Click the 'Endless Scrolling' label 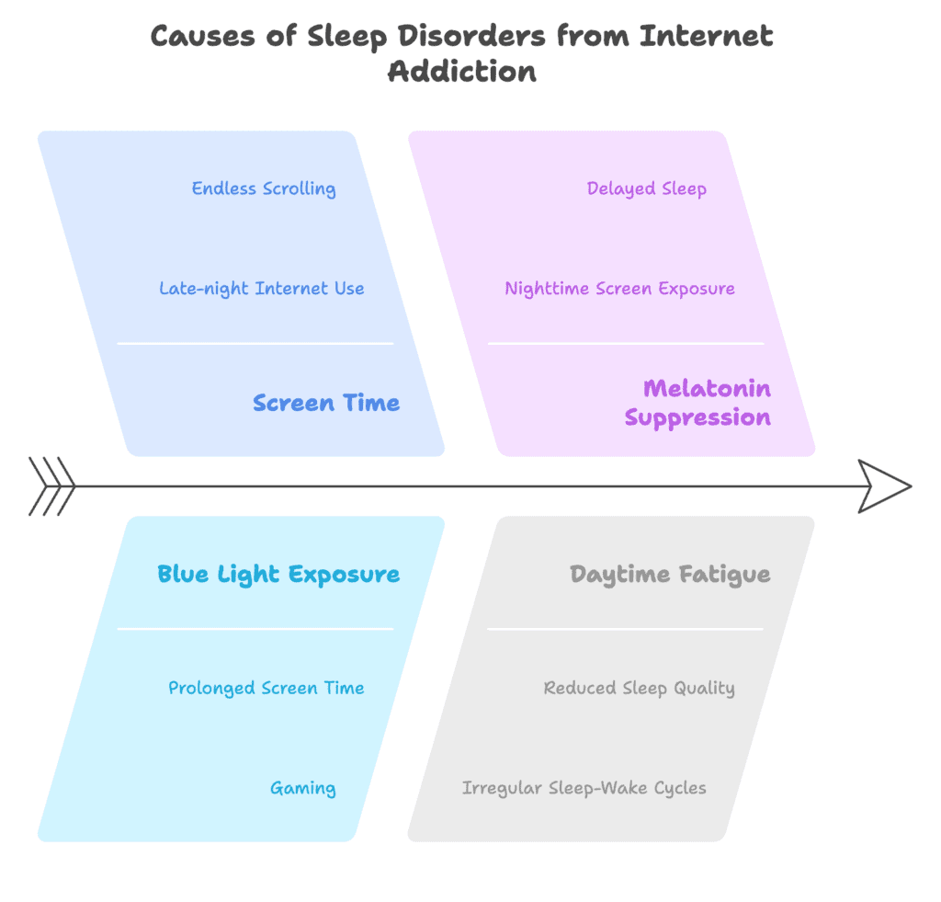(x=263, y=188)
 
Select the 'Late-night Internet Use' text (x=261, y=288)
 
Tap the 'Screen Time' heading (x=326, y=403)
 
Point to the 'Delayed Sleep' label (x=646, y=188)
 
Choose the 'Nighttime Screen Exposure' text (x=619, y=288)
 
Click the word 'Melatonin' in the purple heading (x=707, y=388)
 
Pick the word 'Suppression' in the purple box (x=697, y=417)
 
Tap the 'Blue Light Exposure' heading (x=278, y=575)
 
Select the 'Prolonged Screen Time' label (x=266, y=688)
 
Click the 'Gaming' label (x=302, y=788)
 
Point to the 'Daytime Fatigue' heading (x=670, y=575)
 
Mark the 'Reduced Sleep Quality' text (x=639, y=688)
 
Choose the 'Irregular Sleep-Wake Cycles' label (x=584, y=788)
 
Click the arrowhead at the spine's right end (x=883, y=486)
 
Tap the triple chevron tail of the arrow (x=52, y=486)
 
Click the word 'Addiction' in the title (x=461, y=71)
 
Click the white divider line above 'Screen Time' (x=255, y=344)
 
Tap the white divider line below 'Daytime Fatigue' (x=625, y=630)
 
